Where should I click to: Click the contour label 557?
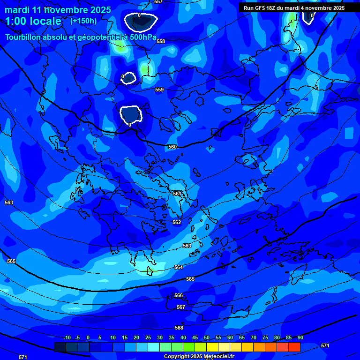click(x=158, y=2)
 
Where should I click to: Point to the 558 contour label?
click(x=161, y=42)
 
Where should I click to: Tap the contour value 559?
click(x=159, y=90)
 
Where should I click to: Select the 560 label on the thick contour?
click(x=172, y=147)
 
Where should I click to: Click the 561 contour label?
click(x=177, y=194)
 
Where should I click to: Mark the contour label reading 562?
click(x=177, y=222)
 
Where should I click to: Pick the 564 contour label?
click(x=179, y=267)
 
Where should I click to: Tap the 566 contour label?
click(x=179, y=295)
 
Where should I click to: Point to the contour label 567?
click(x=181, y=307)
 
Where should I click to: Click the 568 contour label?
click(x=179, y=328)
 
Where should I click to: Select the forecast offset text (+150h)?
click(x=83, y=21)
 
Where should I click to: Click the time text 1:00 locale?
click(x=33, y=21)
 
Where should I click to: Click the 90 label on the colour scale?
click(x=300, y=337)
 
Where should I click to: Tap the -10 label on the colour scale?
click(x=67, y=337)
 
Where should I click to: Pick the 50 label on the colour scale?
click(x=207, y=337)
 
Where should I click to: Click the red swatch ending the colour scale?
click(x=294, y=347)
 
